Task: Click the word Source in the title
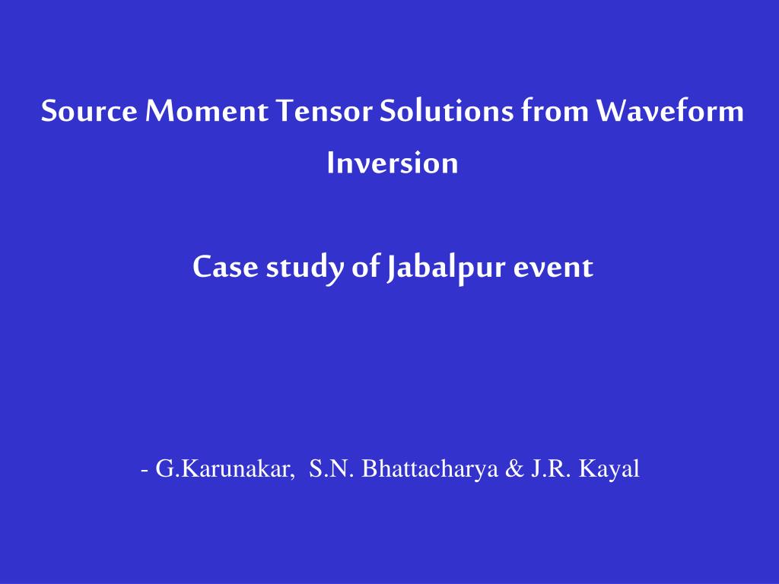coord(89,110)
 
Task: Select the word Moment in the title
coord(207,110)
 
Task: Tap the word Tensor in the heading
coord(324,110)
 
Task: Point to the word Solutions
coord(446,110)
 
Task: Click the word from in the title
coord(555,110)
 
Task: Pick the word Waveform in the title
coord(669,110)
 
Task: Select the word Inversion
coord(393,163)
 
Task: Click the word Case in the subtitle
coord(225,267)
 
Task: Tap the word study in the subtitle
coord(305,268)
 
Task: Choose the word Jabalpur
coord(446,268)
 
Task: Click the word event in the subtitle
coord(554,268)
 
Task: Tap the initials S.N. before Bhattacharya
coord(332,468)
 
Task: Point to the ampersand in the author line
coord(515,468)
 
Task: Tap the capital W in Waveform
coord(614,110)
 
